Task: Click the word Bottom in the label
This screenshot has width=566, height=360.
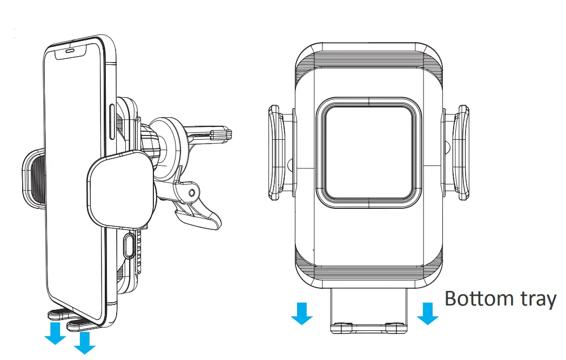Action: [x=479, y=298]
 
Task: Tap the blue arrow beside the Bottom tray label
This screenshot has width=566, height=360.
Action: [x=428, y=313]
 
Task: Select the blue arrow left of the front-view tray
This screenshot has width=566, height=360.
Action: [x=302, y=313]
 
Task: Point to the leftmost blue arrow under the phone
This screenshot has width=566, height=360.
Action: [x=55, y=333]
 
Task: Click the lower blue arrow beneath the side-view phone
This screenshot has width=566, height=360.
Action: [x=84, y=343]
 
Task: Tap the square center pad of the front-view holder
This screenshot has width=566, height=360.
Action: [x=369, y=152]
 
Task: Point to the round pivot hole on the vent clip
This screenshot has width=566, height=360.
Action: [x=192, y=193]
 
